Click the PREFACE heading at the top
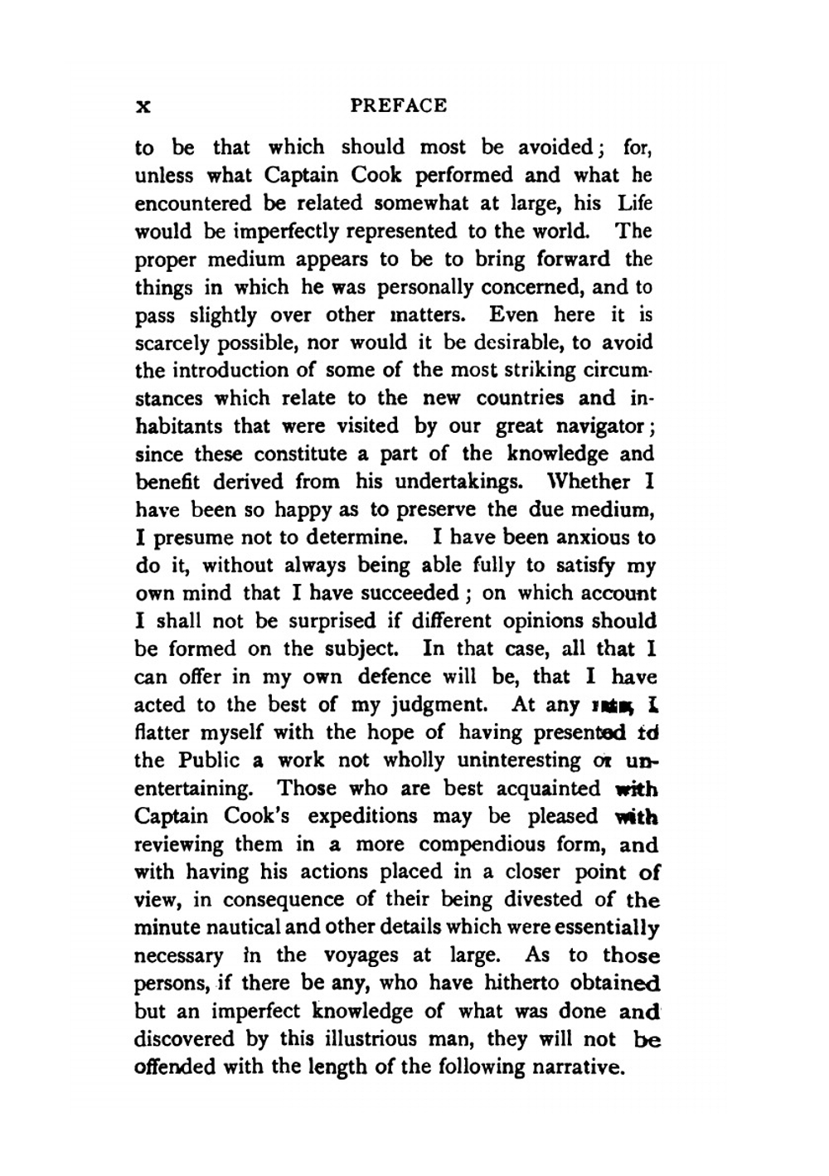[399, 106]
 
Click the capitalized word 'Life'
[635, 203]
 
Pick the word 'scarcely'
[169, 343]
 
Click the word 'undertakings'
[458, 482]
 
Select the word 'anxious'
[591, 537]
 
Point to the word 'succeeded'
[410, 594]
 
